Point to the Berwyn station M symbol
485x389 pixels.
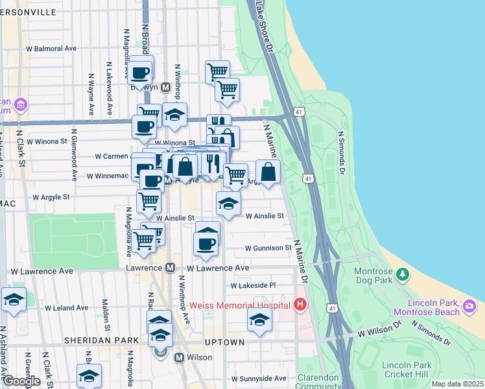165,87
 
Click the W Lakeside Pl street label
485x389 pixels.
253,285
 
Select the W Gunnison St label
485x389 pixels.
268,248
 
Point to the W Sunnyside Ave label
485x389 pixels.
259,378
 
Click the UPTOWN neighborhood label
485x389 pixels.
224,342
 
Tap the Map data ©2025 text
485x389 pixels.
456,384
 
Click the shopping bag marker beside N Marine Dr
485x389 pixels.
268,172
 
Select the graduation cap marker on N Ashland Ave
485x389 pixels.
13,300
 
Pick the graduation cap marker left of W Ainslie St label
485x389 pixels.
228,204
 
